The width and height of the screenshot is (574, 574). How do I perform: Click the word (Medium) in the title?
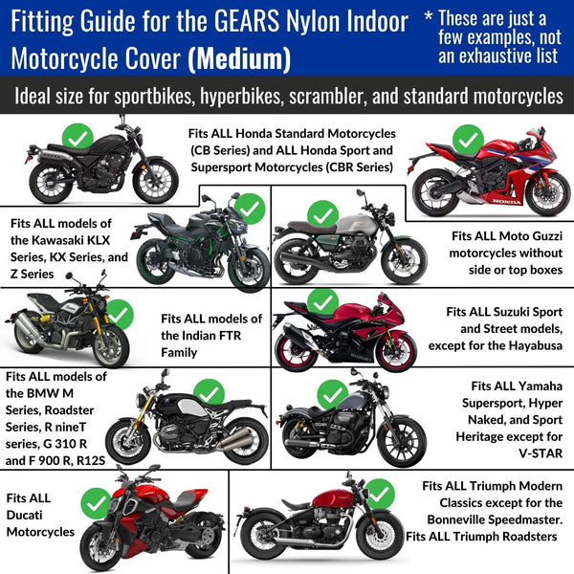pyautogui.click(x=239, y=58)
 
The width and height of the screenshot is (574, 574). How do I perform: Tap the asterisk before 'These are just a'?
pyautogui.click(x=429, y=15)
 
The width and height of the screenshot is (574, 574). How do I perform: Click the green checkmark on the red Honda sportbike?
pyautogui.click(x=468, y=140)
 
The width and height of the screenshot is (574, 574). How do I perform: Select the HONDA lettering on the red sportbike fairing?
pyautogui.click(x=507, y=201)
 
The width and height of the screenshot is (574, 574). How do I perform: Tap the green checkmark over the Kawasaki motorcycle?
pyautogui.click(x=250, y=209)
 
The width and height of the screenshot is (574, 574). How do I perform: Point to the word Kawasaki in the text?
pyautogui.click(x=71, y=240)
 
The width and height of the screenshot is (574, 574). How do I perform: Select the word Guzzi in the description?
pyautogui.click(x=544, y=236)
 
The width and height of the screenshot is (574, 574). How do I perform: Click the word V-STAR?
pyautogui.click(x=541, y=453)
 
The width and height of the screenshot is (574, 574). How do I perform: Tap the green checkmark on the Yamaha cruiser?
pyautogui.click(x=332, y=395)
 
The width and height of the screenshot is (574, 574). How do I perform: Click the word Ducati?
pyautogui.click(x=24, y=515)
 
